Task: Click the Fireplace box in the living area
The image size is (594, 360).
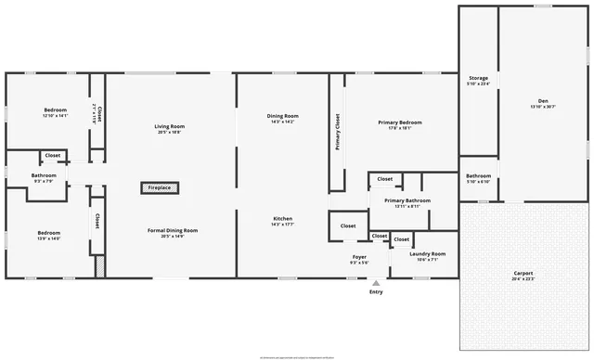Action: (x=160, y=187)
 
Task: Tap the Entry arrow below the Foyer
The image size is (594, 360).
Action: (x=376, y=283)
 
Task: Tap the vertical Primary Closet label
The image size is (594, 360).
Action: (x=337, y=131)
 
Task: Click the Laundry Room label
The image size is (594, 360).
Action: (x=427, y=253)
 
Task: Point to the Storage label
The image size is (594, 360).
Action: (x=478, y=79)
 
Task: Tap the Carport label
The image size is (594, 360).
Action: (x=523, y=273)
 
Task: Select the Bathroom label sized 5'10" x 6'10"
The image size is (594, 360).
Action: (x=478, y=175)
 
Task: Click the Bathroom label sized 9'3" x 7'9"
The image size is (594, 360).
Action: (x=44, y=175)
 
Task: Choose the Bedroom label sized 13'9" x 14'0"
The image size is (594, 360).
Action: (x=48, y=232)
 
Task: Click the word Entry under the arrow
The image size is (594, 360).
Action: (x=376, y=292)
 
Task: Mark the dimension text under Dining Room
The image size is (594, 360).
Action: (x=284, y=122)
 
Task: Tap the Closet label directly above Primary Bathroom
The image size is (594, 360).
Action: (x=384, y=178)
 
